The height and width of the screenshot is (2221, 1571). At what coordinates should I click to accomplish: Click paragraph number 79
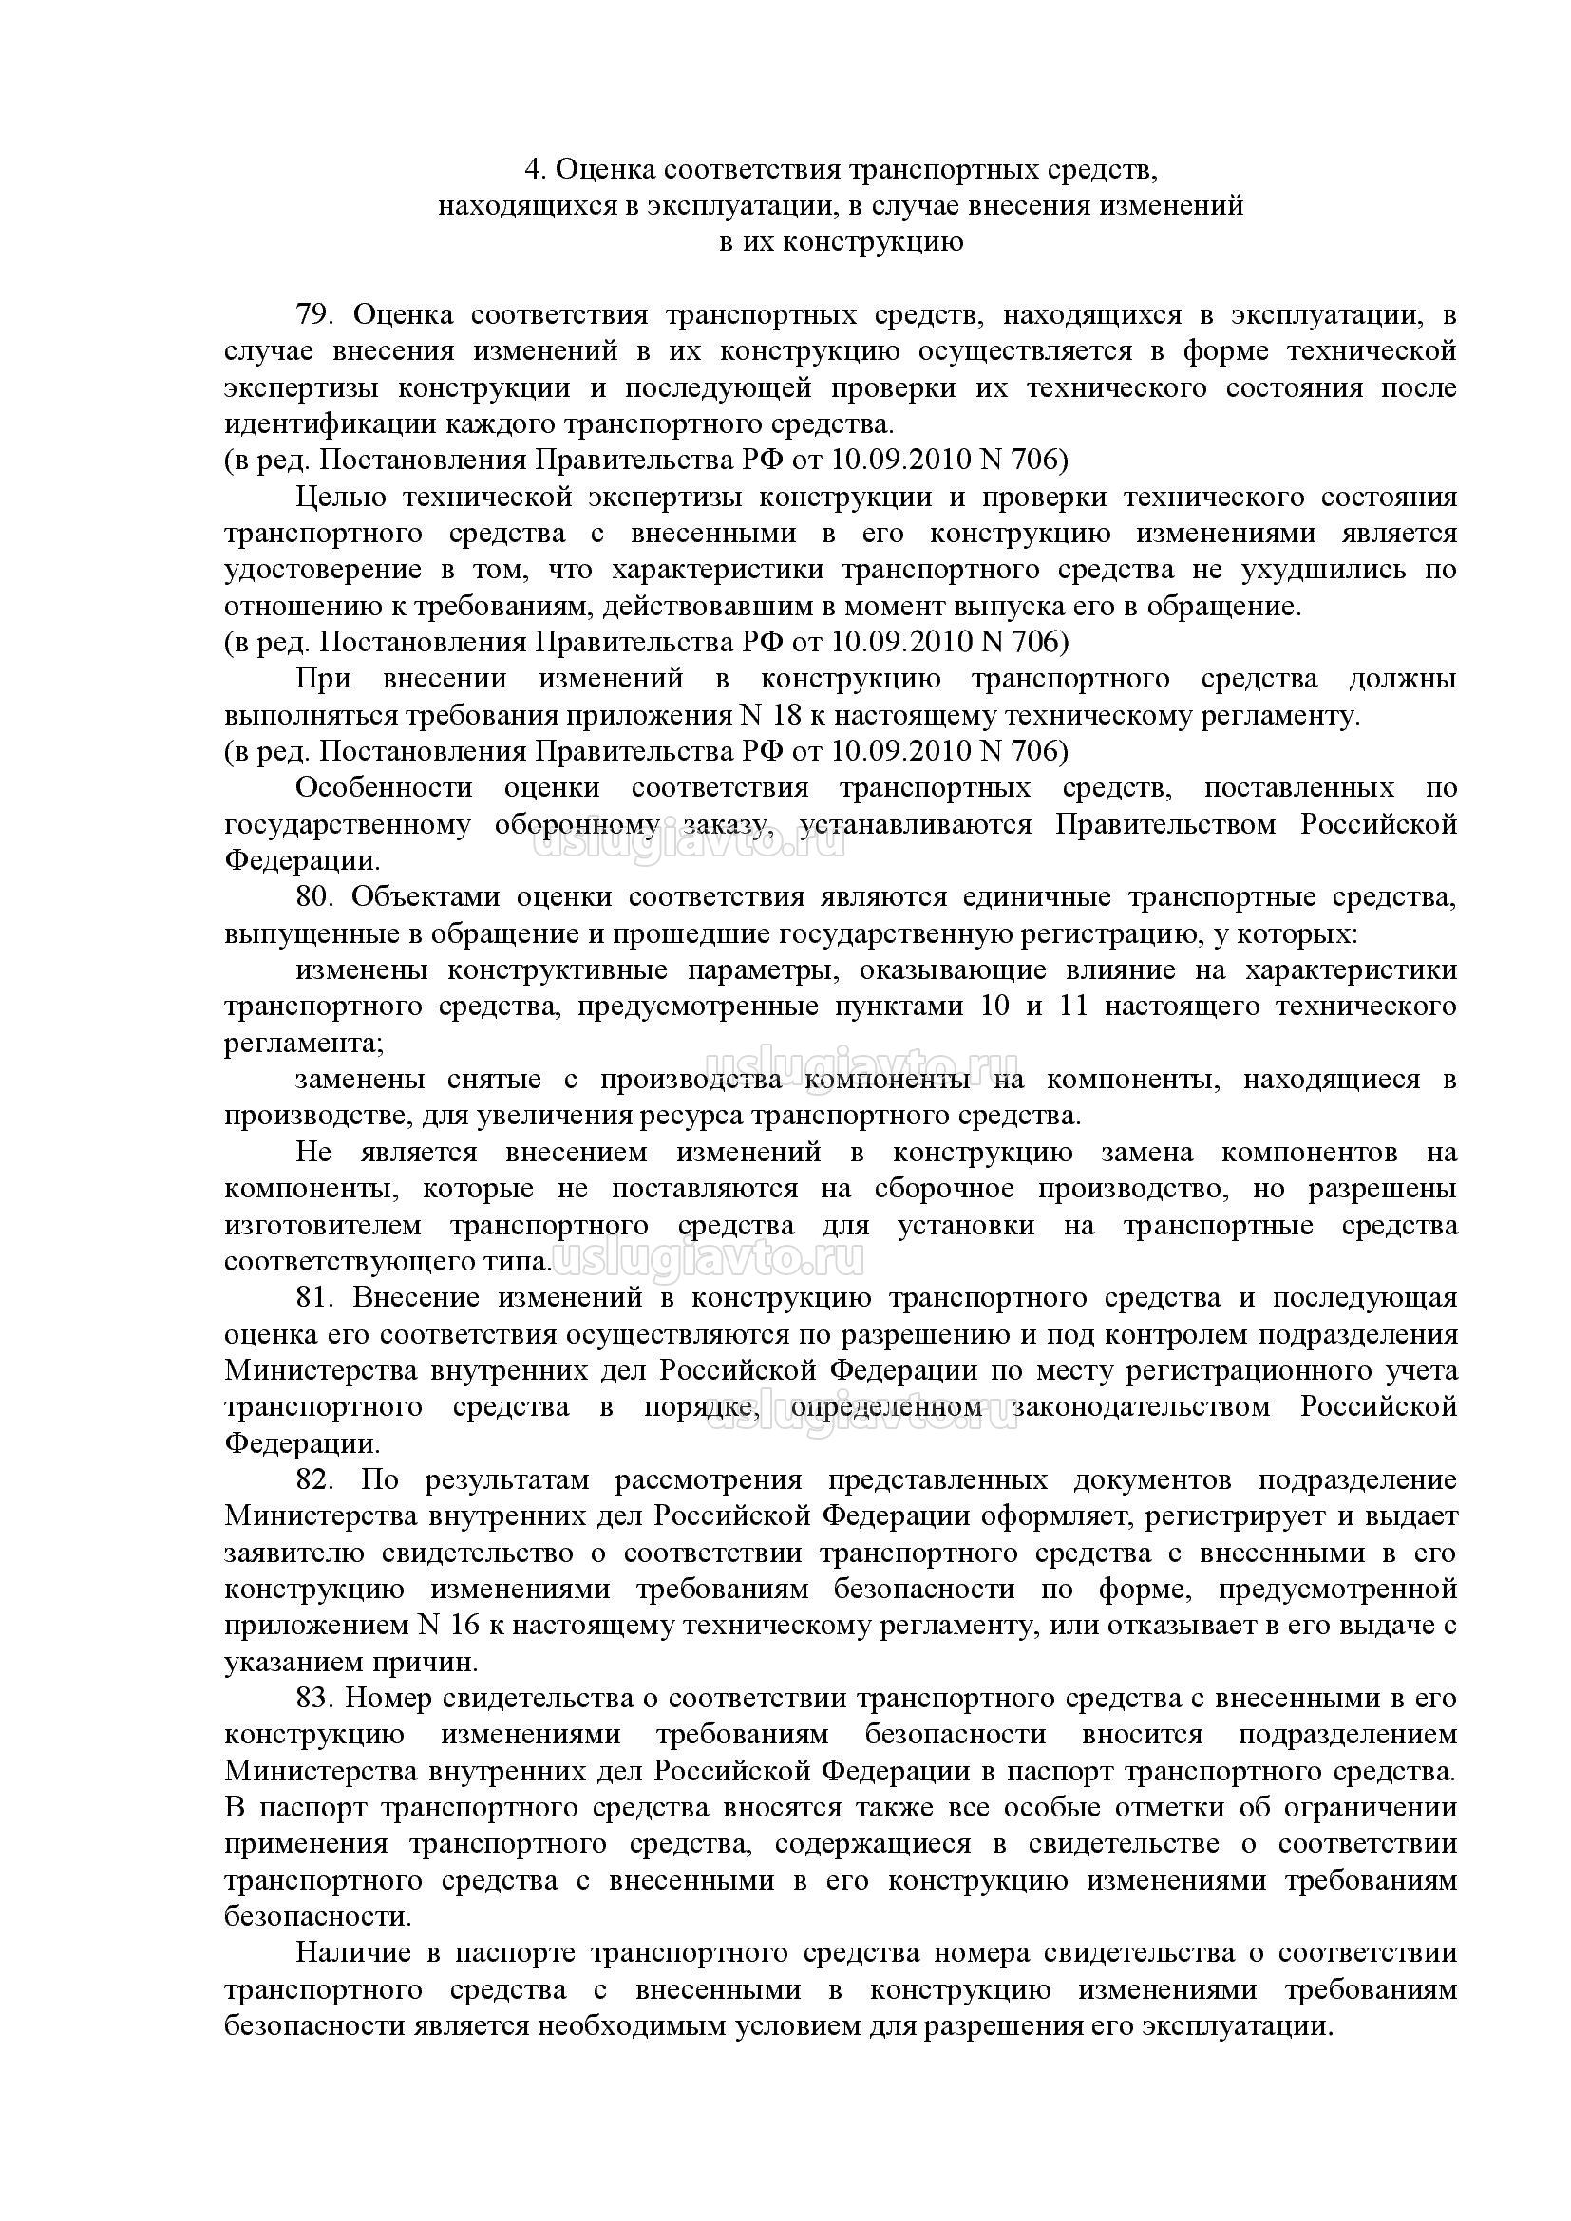click(315, 315)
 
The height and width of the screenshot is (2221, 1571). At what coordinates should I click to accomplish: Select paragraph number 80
click(315, 896)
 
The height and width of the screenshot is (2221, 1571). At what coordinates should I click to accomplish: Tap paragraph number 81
click(315, 1298)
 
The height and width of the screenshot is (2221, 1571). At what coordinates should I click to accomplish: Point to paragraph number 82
click(315, 1480)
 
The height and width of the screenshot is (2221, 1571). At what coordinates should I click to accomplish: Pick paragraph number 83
click(315, 1698)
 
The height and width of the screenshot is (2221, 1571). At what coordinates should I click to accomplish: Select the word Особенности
click(384, 787)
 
